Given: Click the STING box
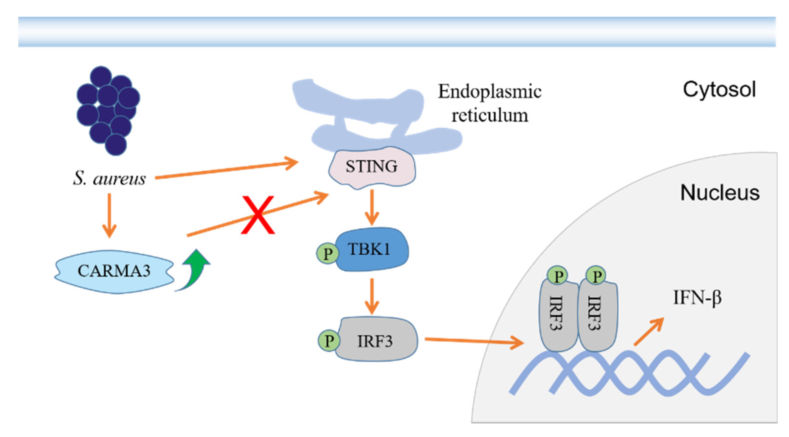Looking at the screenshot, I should pyautogui.click(x=372, y=167).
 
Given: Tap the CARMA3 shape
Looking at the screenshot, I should pyautogui.click(x=114, y=271).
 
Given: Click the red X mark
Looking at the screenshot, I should pyautogui.click(x=258, y=215).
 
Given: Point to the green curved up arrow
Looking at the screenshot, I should pyautogui.click(x=195, y=269).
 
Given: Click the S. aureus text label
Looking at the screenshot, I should pyautogui.click(x=109, y=178).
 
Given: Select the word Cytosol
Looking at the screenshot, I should pyautogui.click(x=719, y=89).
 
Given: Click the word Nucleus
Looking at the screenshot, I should pyautogui.click(x=720, y=193).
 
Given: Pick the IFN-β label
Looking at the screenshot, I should pyautogui.click(x=697, y=297).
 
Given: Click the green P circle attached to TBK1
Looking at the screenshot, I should pyautogui.click(x=327, y=253).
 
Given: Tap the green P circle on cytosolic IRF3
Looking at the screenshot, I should pyautogui.click(x=328, y=341).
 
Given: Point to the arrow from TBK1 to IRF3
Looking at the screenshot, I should pyautogui.click(x=372, y=296).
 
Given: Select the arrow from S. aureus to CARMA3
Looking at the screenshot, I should pyautogui.click(x=109, y=215).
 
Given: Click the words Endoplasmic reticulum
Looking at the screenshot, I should pyautogui.click(x=489, y=103).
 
